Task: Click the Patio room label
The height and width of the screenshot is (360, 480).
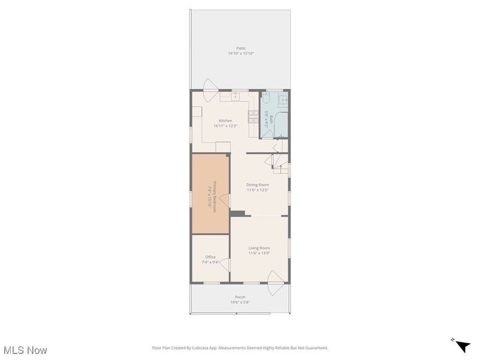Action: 240,49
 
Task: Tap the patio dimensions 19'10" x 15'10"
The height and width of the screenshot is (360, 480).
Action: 240,53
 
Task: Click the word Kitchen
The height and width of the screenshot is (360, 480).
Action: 225,121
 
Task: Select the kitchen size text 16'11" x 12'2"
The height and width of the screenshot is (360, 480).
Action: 225,126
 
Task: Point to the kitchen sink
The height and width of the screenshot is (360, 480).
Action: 236,95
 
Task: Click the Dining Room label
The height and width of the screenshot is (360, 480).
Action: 257,185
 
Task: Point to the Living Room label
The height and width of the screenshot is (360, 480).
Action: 259,248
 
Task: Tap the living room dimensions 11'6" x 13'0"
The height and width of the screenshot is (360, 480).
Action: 259,253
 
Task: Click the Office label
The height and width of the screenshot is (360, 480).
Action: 210,257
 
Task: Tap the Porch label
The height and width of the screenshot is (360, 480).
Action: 240,297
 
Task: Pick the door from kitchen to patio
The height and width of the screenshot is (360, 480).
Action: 211,86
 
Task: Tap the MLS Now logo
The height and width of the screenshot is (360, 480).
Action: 25,349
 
